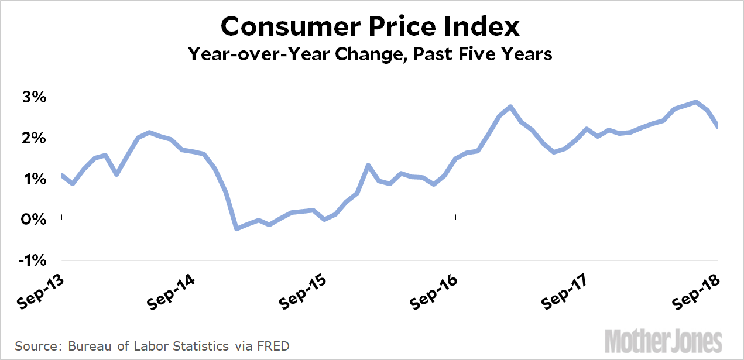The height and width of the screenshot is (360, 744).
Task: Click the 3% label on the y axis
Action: click(33, 97)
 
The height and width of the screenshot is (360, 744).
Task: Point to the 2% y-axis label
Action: click(33, 138)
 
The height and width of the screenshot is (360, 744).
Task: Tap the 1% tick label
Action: click(33, 179)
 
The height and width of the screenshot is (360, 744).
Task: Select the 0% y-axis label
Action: click(33, 220)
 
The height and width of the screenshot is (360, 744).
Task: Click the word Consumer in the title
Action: click(283, 27)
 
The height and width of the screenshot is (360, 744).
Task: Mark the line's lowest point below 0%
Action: click(236, 228)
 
